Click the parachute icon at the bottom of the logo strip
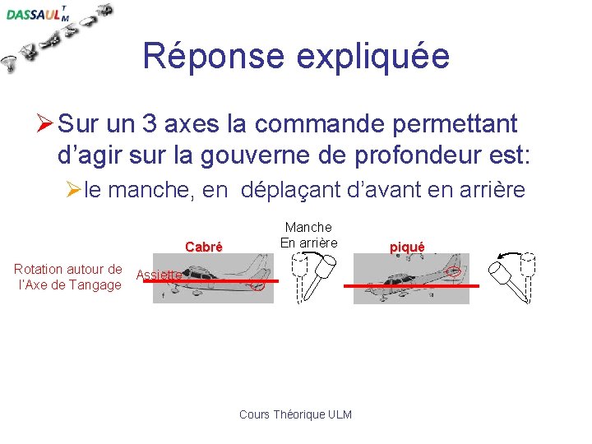11,63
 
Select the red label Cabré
203,247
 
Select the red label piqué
406,247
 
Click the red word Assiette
158,275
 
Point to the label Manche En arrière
308,234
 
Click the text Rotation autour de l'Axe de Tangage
68,277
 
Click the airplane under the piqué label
411,279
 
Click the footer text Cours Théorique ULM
295,414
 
